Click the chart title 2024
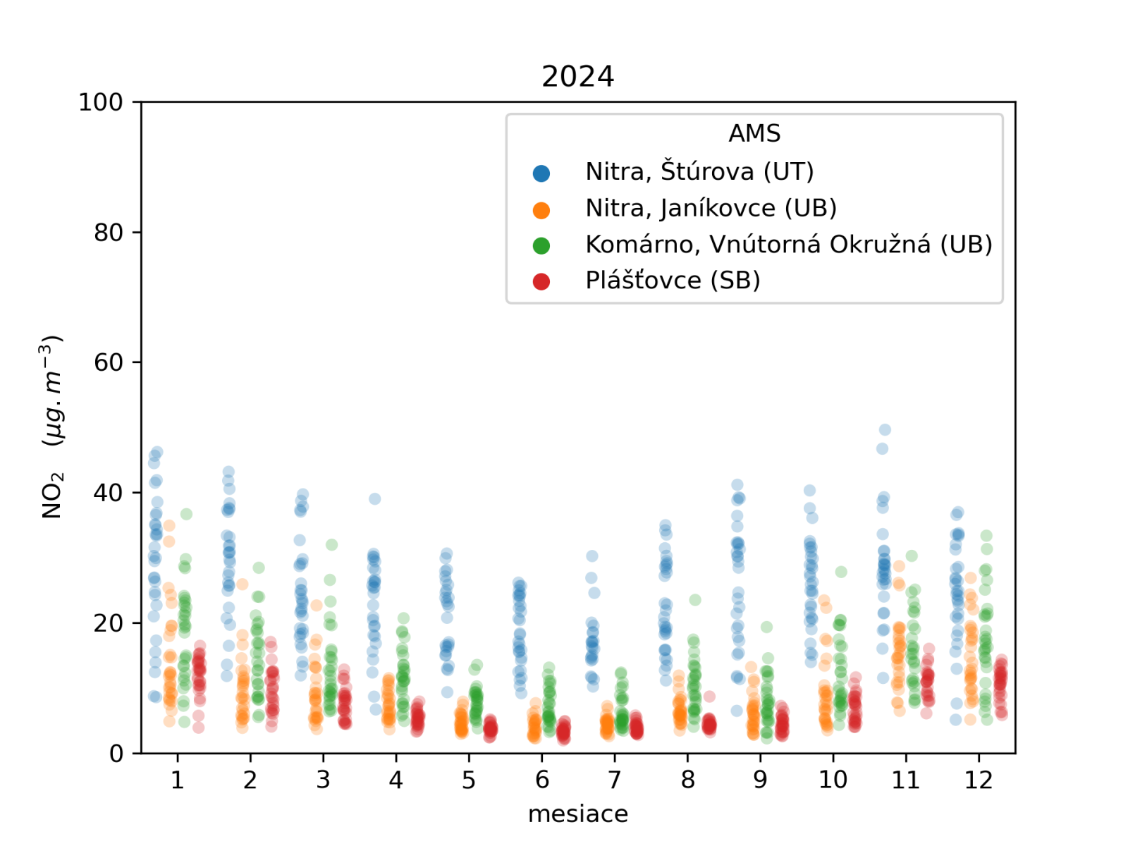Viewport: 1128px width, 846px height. click(x=577, y=76)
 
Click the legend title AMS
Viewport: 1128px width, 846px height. click(x=754, y=133)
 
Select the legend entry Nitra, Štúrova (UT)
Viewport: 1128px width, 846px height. click(x=699, y=171)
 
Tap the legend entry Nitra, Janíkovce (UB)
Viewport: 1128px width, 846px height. click(x=711, y=208)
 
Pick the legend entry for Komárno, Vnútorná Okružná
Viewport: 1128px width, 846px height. click(x=788, y=245)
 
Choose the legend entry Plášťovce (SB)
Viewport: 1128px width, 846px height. click(x=673, y=281)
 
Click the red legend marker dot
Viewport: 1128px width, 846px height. click(x=541, y=281)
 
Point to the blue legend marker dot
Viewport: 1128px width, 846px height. click(x=541, y=173)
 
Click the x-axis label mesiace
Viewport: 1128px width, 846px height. click(x=577, y=814)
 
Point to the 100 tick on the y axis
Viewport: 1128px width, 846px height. click(x=100, y=102)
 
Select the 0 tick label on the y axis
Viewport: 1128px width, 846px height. click(x=116, y=754)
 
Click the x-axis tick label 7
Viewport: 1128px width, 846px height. click(x=615, y=780)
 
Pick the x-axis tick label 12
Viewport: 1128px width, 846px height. click(x=979, y=780)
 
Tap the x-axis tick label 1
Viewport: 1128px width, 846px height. click(x=177, y=780)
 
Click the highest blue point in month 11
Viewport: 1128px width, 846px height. click(x=885, y=430)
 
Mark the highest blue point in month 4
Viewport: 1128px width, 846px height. click(x=375, y=499)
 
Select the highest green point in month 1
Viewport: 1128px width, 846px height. click(x=186, y=514)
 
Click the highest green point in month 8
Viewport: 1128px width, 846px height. click(x=695, y=600)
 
